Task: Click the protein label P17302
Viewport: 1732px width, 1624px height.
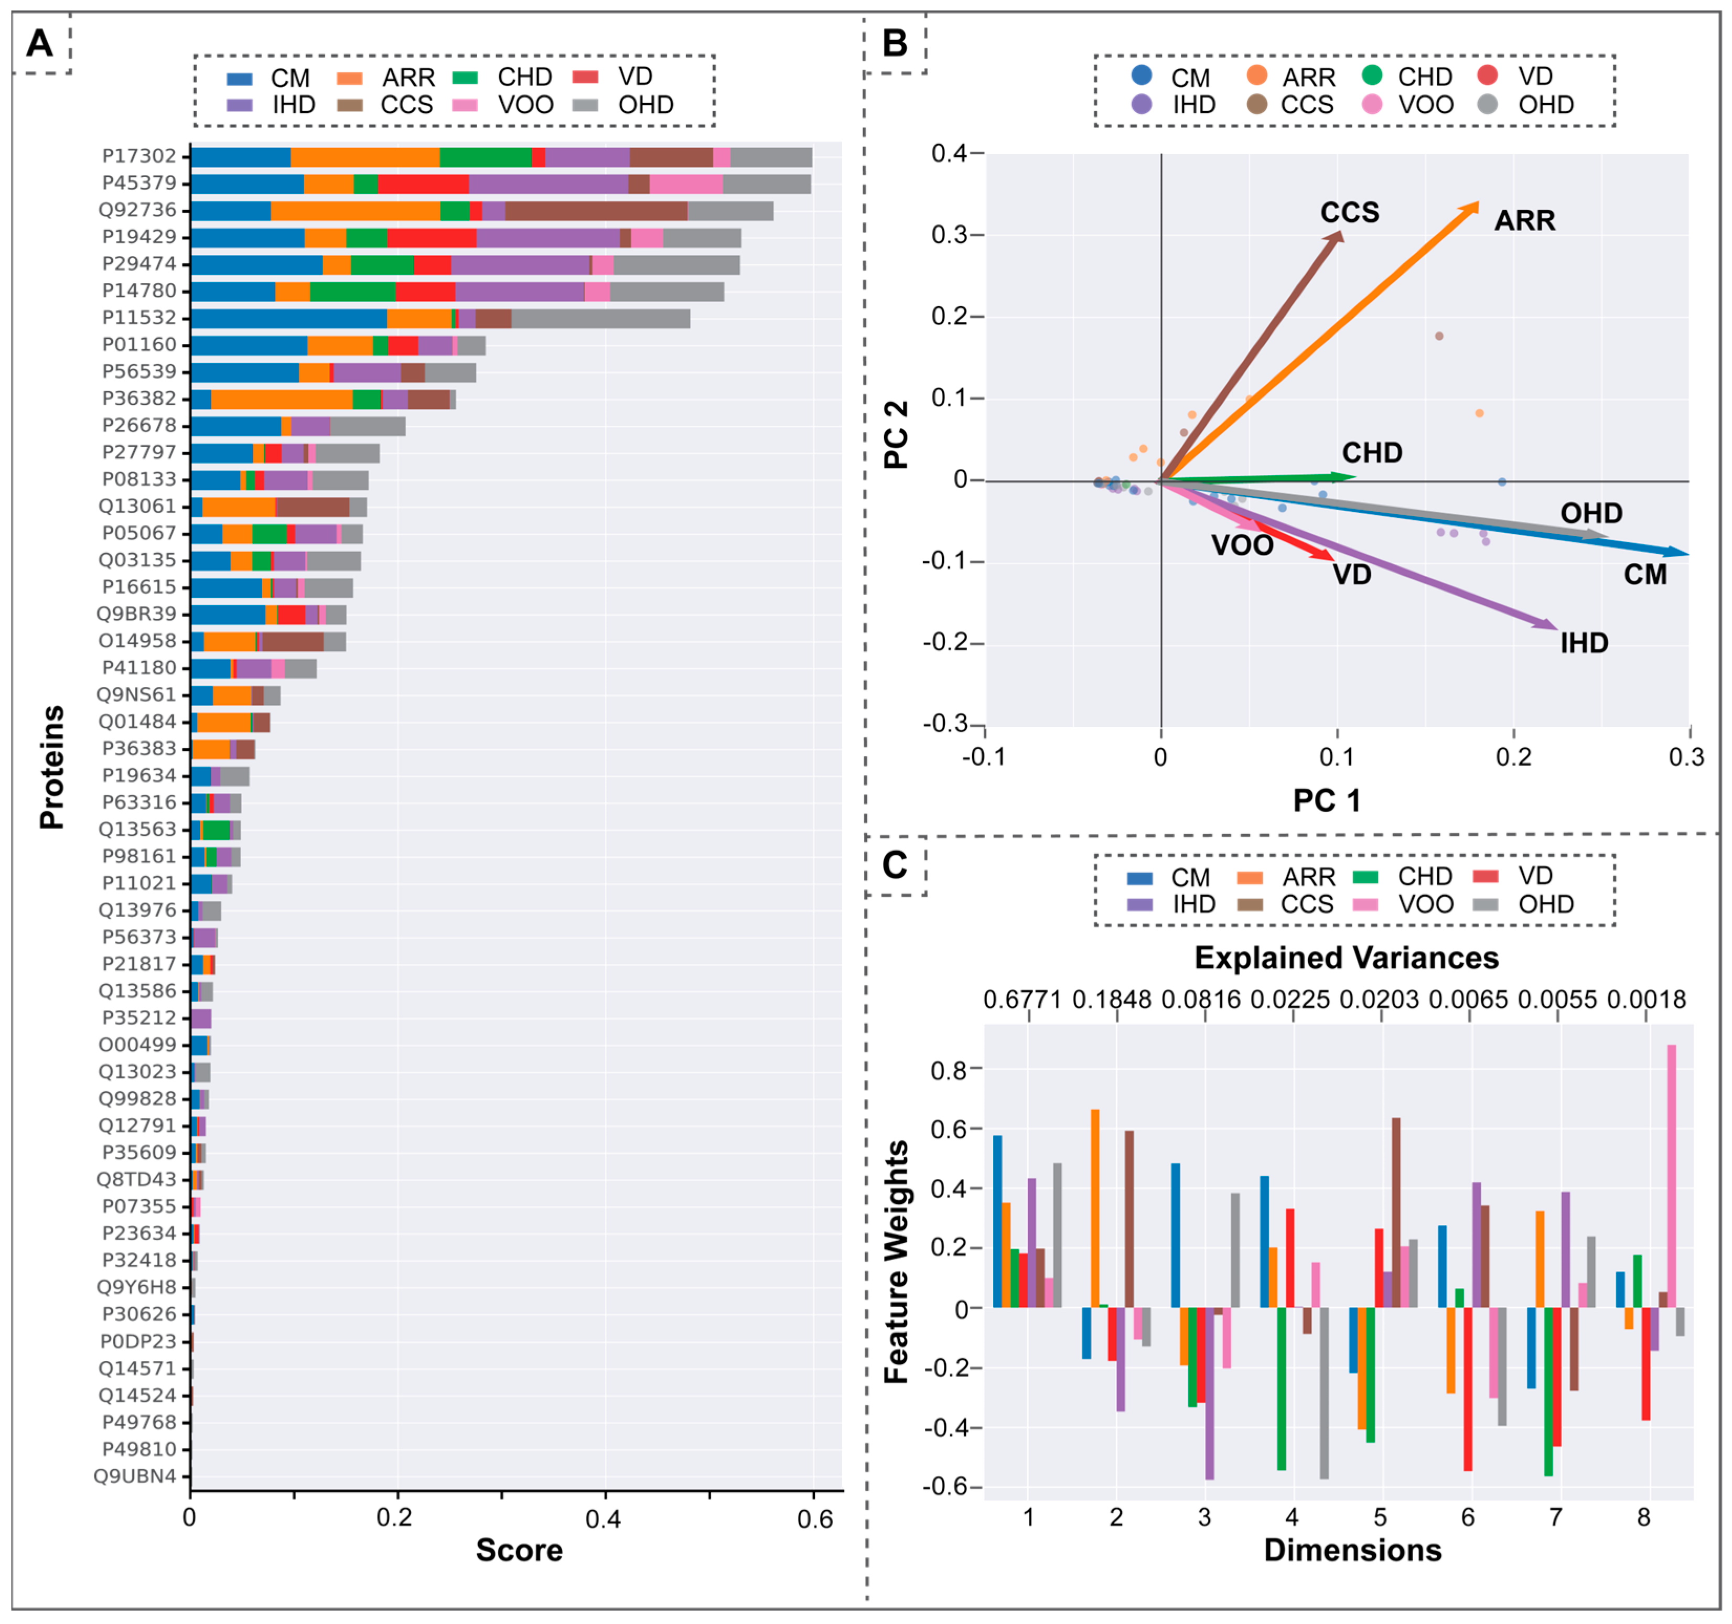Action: [139, 156]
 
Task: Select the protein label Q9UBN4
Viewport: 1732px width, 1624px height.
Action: [136, 1476]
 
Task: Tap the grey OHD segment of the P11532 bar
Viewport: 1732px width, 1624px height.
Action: [600, 318]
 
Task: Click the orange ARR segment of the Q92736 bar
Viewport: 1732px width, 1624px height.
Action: [356, 210]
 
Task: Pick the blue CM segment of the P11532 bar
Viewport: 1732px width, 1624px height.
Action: [288, 318]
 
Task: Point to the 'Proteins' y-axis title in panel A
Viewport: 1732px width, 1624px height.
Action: [52, 767]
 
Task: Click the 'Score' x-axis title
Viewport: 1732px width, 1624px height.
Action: [519, 1550]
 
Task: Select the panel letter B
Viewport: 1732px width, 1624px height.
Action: [895, 42]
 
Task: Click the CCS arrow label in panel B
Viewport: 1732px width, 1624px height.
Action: [1350, 212]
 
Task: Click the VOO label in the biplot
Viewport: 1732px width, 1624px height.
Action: [1242, 545]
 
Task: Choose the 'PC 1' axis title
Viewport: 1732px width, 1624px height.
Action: [1326, 800]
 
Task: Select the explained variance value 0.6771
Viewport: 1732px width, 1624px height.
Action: [1022, 999]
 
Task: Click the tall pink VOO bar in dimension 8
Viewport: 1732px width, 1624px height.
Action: [1671, 1176]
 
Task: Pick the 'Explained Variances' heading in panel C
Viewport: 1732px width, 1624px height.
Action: [1346, 958]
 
